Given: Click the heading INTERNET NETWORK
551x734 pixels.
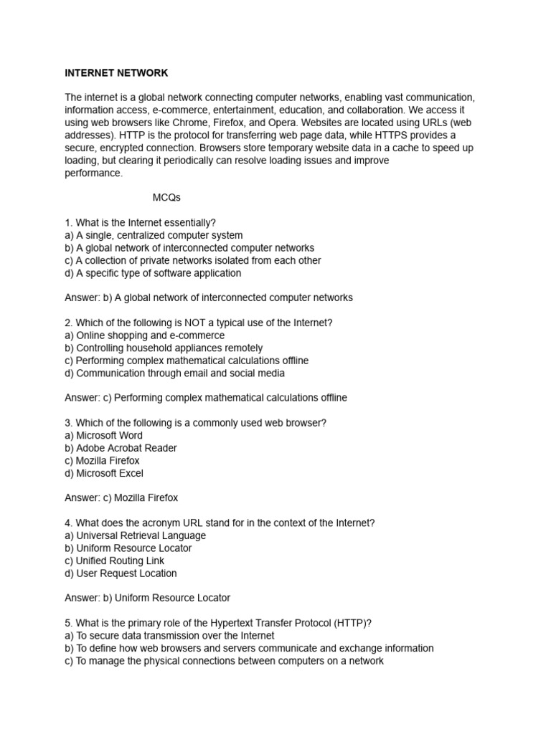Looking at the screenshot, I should coord(116,73).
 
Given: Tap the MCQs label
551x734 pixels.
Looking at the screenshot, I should coord(167,198).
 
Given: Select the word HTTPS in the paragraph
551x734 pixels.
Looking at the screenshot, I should coord(387,135).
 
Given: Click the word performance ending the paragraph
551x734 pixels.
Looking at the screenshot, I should coord(93,173).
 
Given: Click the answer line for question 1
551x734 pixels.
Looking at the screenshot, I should coord(208,297).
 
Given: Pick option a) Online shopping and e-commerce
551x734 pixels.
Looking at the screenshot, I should coord(144,335).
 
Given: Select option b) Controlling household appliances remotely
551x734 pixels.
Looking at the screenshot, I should coord(164,348).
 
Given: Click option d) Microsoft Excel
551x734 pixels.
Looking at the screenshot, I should coord(104,473).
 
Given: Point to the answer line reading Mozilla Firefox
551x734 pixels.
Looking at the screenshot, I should coord(121,497).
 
